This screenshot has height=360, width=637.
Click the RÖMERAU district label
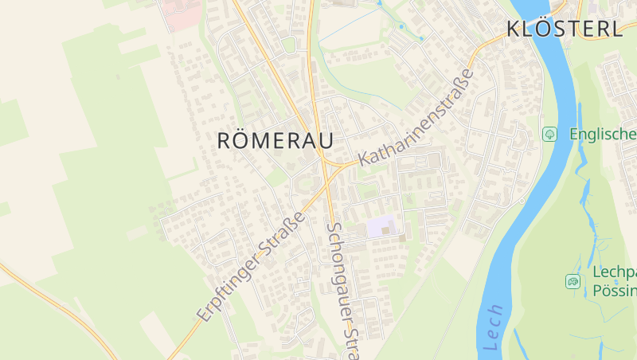275,140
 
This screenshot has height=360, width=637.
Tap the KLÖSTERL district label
564,29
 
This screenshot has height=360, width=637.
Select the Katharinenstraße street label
416,117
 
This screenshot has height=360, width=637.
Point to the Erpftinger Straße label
250,267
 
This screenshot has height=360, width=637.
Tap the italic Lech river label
493,327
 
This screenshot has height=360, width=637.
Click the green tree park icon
549,134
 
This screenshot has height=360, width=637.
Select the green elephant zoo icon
573,280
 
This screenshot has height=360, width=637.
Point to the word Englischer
603,134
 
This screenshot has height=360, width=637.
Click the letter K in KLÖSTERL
514,29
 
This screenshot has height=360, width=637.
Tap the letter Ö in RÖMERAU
244,139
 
